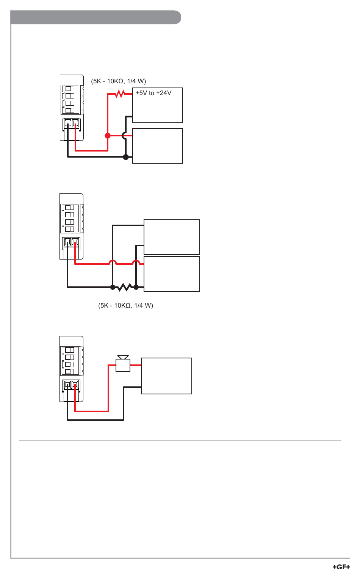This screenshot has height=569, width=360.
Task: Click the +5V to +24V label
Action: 153,93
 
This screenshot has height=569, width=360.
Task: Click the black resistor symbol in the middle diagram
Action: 124,287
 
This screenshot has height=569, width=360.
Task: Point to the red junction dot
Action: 108,136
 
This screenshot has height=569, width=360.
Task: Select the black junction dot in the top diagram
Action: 126,157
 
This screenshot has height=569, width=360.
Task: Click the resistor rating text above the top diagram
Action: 118,81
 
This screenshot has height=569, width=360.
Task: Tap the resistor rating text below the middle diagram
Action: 125,305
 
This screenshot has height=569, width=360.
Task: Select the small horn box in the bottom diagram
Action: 123,365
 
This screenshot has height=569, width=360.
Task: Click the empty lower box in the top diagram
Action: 158,146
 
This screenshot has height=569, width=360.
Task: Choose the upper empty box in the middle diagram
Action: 172,237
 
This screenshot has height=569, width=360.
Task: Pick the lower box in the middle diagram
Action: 172,274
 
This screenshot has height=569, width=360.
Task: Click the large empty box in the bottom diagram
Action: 166,376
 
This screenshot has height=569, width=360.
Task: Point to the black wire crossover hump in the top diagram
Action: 124,136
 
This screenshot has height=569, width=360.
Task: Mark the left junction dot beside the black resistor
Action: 113,287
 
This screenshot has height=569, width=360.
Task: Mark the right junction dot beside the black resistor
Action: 136,287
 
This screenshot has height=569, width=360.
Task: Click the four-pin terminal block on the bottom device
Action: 70,361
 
